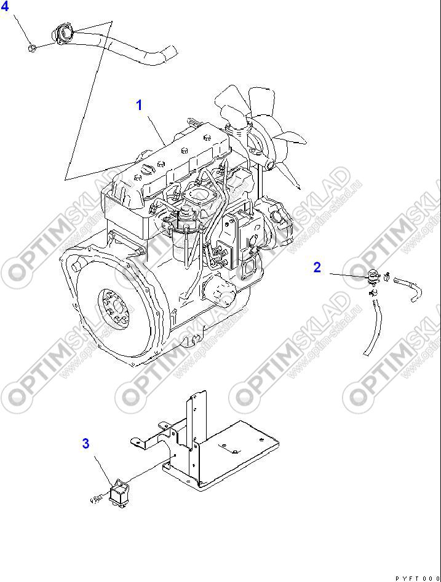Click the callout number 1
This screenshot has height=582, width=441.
coord(139,105)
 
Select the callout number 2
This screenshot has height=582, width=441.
coord(317,267)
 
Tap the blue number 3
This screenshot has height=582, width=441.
coord(86,442)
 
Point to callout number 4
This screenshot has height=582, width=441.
coord(5,7)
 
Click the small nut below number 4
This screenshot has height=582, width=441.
coord(33,47)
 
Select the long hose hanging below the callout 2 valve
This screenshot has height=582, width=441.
coord(371,326)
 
